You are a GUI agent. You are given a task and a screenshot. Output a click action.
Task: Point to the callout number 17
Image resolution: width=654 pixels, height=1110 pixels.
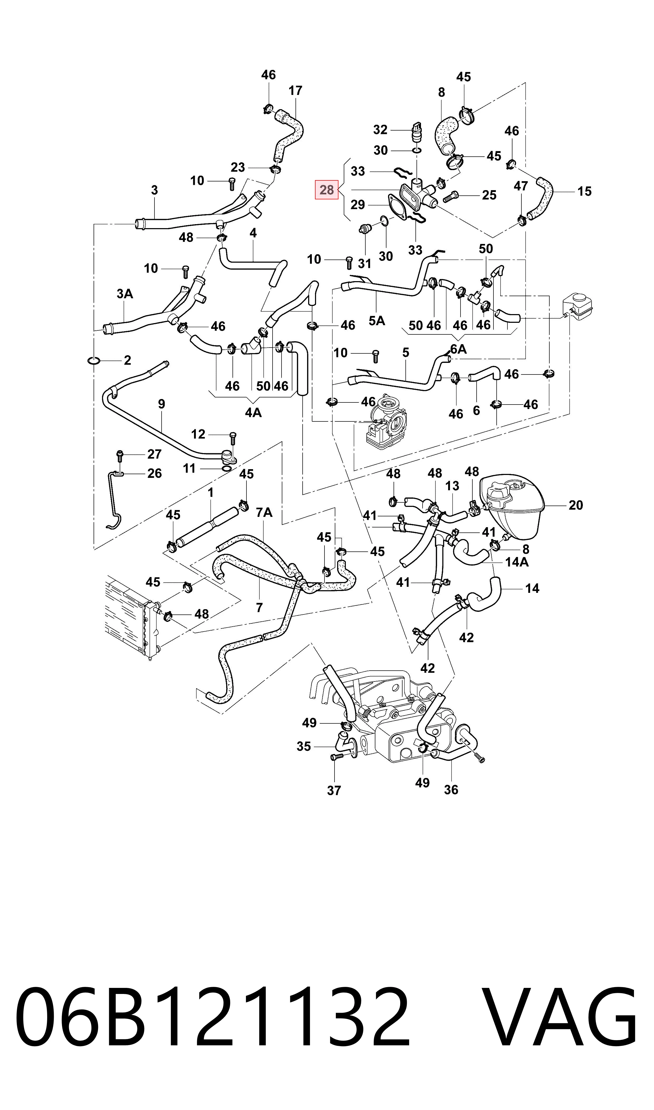(x=295, y=91)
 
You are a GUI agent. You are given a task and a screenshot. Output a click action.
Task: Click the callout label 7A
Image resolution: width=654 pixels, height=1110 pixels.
(x=264, y=513)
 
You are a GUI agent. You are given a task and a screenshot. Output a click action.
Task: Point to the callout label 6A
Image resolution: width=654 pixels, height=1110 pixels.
(x=458, y=349)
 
